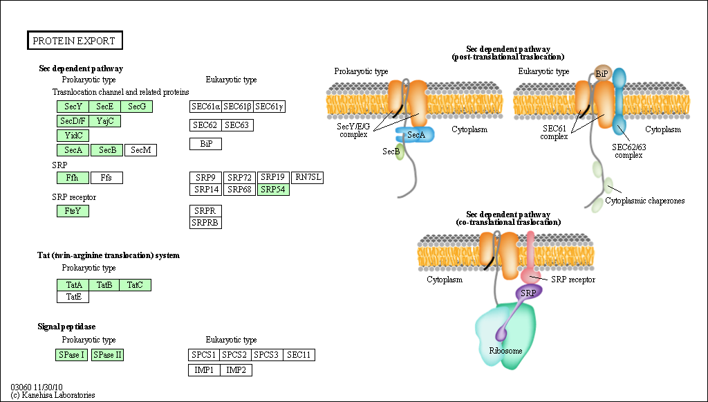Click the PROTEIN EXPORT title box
click(75, 41)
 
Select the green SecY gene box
click(73, 107)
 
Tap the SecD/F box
click(73, 121)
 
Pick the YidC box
click(73, 136)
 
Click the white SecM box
click(141, 150)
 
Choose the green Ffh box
click(73, 178)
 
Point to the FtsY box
click(73, 211)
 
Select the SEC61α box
click(206, 107)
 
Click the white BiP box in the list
click(206, 144)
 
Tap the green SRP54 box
click(273, 189)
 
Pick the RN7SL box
click(308, 177)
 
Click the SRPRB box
click(206, 222)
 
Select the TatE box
click(73, 297)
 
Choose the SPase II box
click(107, 355)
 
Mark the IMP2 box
click(236, 370)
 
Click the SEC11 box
click(299, 355)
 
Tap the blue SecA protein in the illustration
click(416, 134)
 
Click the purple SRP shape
click(529, 293)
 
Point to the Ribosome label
click(505, 351)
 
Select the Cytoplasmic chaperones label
click(645, 201)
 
